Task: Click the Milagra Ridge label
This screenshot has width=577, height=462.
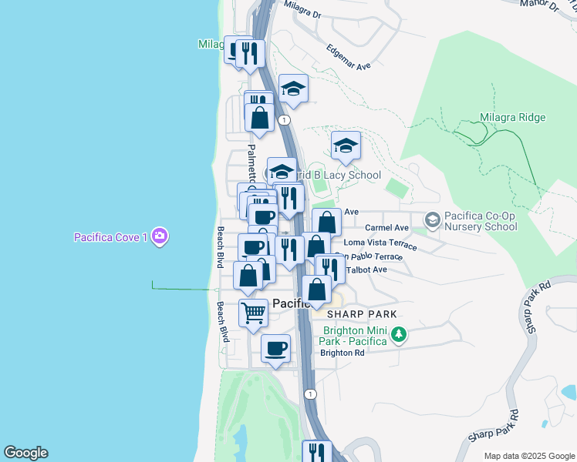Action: pyautogui.click(x=513, y=118)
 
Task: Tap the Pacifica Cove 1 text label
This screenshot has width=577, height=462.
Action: pyautogui.click(x=110, y=237)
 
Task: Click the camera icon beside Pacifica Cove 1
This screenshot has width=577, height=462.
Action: pyautogui.click(x=160, y=236)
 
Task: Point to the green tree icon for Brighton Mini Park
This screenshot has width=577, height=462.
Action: pyautogui.click(x=399, y=334)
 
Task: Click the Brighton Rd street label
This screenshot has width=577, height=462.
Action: pyautogui.click(x=343, y=353)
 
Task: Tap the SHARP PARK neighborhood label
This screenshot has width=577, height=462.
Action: pyautogui.click(x=361, y=314)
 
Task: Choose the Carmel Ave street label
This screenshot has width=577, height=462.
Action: pyautogui.click(x=386, y=228)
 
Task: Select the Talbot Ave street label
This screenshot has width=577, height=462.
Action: pyautogui.click(x=367, y=269)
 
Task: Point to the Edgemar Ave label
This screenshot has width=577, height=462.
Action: pyautogui.click(x=349, y=56)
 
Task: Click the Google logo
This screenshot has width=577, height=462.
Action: pyautogui.click(x=25, y=453)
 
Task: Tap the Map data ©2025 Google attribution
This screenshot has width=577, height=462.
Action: pyautogui.click(x=528, y=456)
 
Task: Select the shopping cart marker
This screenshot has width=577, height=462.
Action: pyautogui.click(x=253, y=313)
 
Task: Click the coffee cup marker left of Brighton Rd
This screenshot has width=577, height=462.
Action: pyautogui.click(x=275, y=349)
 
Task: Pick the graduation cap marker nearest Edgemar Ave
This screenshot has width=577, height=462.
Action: pyautogui.click(x=293, y=89)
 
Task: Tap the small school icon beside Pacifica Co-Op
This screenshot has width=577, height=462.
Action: pyautogui.click(x=432, y=221)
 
